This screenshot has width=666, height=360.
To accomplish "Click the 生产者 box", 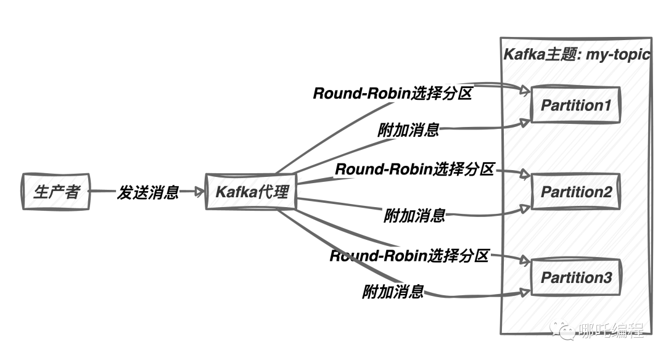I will tap(55, 192).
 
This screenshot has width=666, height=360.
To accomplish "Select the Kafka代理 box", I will tap(252, 192).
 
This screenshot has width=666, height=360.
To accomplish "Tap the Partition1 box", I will tap(575, 105).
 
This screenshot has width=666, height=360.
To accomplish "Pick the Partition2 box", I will tap(575, 192).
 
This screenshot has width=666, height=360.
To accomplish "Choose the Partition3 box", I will tap(575, 278).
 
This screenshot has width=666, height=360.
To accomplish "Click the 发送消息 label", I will tap(148, 192).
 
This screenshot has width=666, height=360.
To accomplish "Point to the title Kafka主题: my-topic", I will tap(577, 54).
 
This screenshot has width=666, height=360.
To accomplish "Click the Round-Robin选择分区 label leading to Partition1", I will tap(392, 94).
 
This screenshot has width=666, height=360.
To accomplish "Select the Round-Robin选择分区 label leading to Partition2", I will tap(414, 169).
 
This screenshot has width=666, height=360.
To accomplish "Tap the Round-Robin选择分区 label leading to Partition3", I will tap(409, 255).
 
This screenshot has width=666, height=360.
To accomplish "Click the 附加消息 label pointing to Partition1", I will tap(408, 130).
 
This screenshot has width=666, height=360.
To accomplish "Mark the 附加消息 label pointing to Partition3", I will tap(393, 292).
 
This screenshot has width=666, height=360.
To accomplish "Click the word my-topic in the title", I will tap(619, 54).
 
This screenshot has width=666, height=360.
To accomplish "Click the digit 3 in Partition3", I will tap(606, 278).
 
